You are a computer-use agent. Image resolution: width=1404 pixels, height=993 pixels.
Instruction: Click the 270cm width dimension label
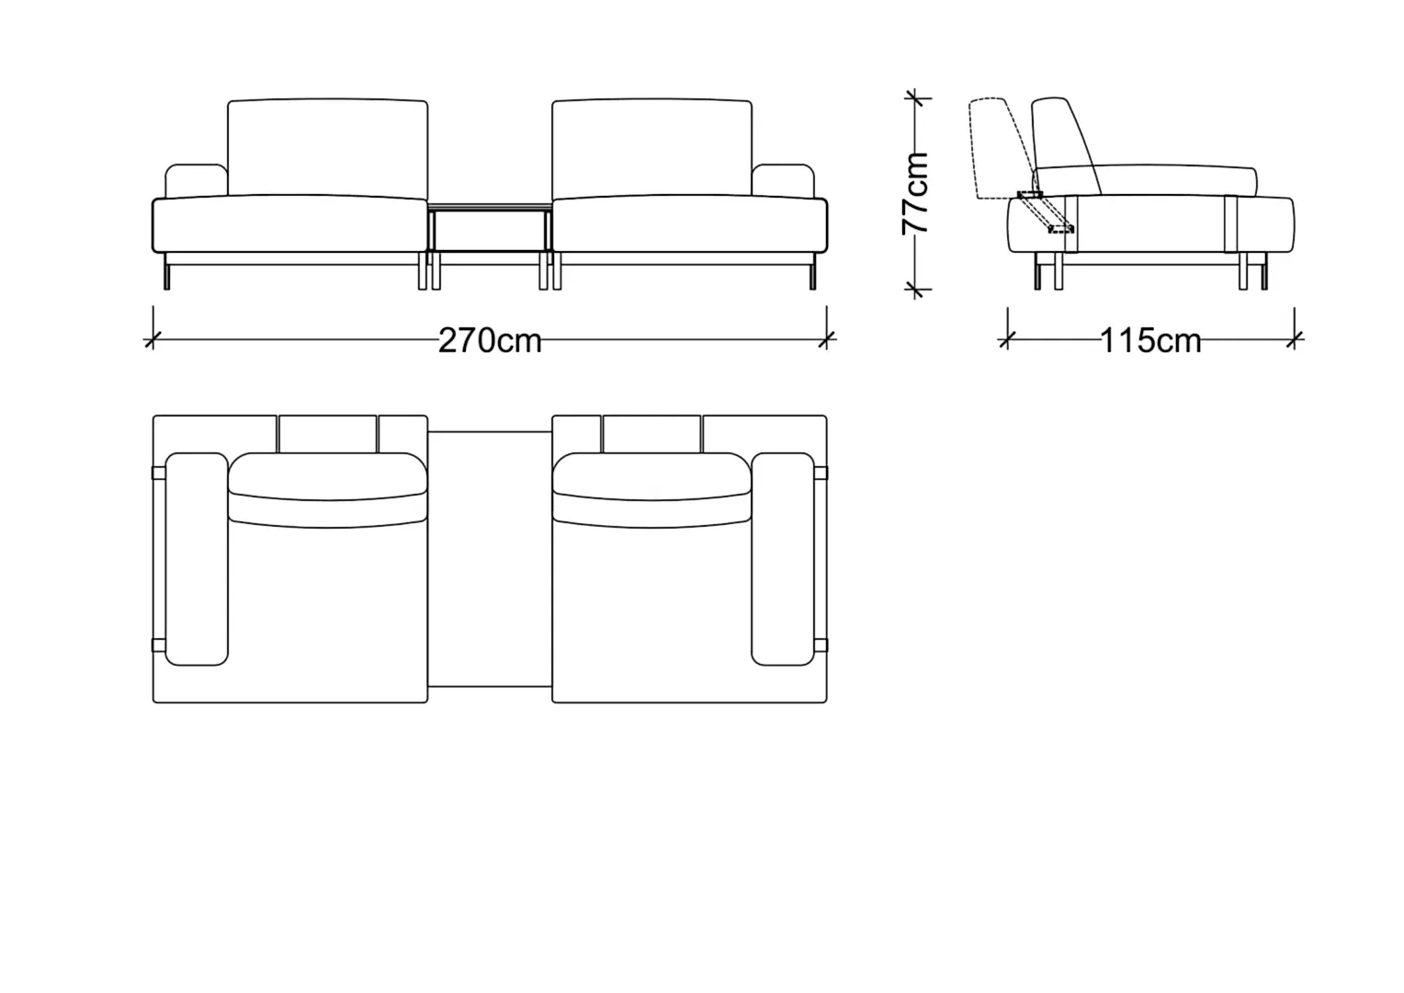(x=490, y=340)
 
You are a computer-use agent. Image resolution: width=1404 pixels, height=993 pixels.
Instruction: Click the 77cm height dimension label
(x=915, y=194)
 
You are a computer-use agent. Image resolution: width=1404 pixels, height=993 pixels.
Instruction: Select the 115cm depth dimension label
(x=1150, y=340)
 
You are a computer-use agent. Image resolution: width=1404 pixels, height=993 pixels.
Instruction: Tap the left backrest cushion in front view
(x=328, y=148)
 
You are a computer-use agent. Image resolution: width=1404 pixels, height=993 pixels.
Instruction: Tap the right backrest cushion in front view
(x=651, y=148)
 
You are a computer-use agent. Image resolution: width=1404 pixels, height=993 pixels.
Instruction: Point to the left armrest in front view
(x=197, y=181)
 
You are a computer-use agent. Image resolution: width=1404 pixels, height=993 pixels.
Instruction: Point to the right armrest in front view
(x=783, y=181)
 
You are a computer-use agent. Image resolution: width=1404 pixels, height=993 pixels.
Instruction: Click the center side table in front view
(x=490, y=228)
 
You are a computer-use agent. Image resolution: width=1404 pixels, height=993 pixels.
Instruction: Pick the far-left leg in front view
(x=166, y=271)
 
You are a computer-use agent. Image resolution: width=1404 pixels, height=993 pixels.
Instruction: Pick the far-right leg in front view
(x=813, y=271)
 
